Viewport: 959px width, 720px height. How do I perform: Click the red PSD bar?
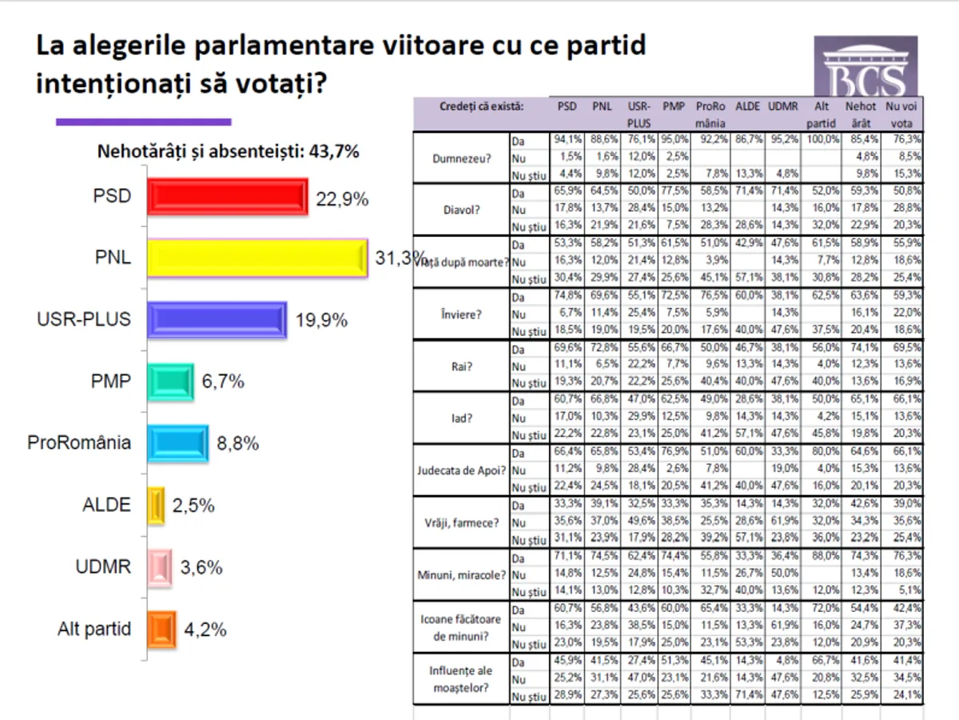click(x=227, y=197)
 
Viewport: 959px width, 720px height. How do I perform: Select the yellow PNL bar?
click(x=257, y=258)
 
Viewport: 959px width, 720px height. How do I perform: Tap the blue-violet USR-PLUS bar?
click(x=217, y=321)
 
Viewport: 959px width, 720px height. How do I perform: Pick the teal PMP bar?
click(x=170, y=382)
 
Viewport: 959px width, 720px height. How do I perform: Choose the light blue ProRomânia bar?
click(x=177, y=443)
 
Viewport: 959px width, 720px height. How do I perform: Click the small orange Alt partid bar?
click(x=161, y=629)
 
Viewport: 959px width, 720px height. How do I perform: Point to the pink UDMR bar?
click(x=160, y=567)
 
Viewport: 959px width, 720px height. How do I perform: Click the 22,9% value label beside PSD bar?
click(x=342, y=200)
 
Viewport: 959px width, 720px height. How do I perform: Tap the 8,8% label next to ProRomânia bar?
click(x=238, y=444)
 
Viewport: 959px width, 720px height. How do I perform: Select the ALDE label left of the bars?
click(x=106, y=505)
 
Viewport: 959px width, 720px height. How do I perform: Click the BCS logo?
click(x=865, y=69)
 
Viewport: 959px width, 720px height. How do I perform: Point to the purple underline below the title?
click(x=143, y=122)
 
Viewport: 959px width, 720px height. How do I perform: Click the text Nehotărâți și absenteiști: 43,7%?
click(x=228, y=150)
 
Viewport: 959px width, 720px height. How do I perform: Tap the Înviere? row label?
click(x=459, y=314)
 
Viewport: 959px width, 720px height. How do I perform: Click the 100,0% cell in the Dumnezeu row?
click(x=822, y=138)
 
